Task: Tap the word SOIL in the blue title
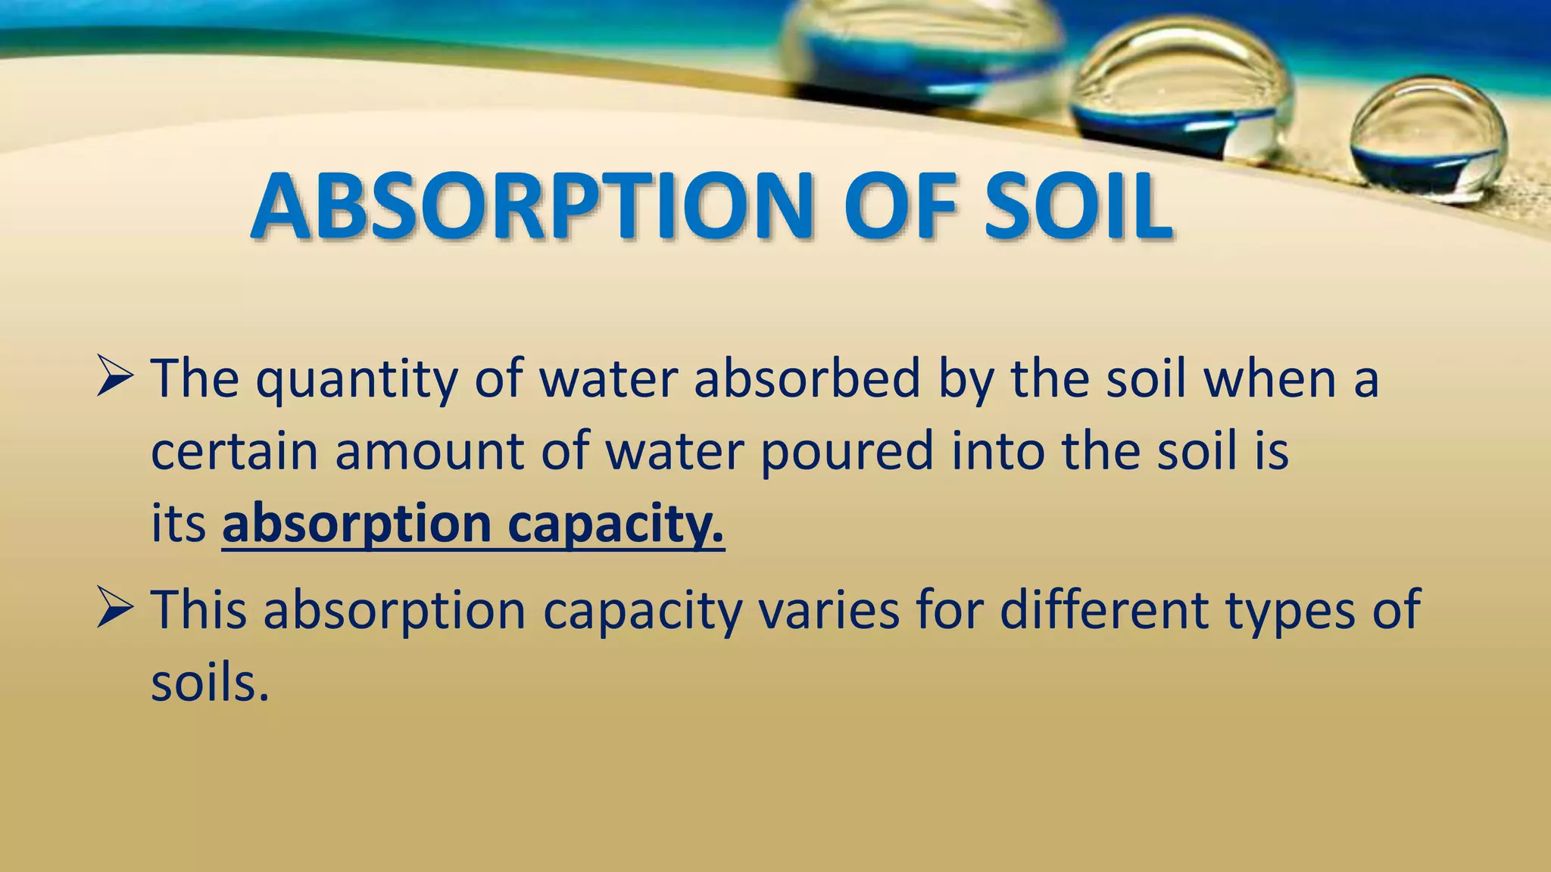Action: (1078, 206)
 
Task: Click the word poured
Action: (846, 452)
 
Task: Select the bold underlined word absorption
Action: (357, 525)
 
